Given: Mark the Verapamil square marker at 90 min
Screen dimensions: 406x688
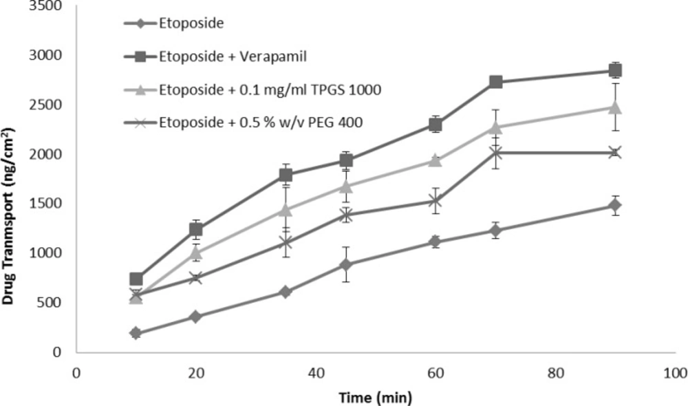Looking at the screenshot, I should point(615,70).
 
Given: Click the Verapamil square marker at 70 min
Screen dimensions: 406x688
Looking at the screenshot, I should point(495,82).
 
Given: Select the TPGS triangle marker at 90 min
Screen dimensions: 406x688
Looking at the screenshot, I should point(615,107).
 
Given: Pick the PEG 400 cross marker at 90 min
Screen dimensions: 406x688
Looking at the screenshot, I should point(615,153).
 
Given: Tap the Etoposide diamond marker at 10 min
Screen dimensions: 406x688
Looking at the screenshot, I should point(136,333).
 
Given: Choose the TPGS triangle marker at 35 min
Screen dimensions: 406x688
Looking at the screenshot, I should point(286,210).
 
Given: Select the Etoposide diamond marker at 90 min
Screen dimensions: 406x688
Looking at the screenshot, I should point(615,205).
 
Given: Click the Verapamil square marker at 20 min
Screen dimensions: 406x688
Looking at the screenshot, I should point(195,230).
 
